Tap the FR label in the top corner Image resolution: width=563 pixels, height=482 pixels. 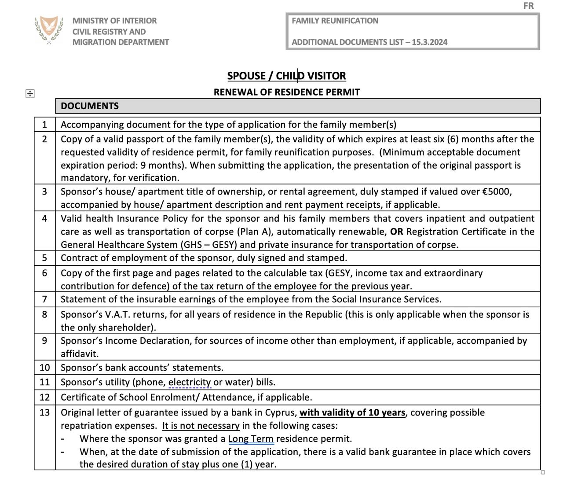[x=528, y=6]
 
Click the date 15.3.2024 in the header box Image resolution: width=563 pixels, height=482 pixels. [x=430, y=42]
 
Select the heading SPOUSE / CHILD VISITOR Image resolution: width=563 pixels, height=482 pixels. [x=286, y=76]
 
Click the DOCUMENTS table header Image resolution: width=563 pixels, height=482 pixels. [x=90, y=106]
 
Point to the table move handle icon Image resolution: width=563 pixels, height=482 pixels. [x=30, y=93]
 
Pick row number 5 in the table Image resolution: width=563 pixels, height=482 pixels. [x=44, y=258]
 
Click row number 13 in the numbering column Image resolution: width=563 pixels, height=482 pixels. [x=44, y=412]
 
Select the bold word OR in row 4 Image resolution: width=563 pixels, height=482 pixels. [x=396, y=232]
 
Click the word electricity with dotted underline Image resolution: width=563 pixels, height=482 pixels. [x=190, y=382]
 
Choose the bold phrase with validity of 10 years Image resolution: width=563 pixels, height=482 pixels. [x=352, y=412]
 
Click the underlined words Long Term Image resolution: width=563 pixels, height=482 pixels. [x=251, y=439]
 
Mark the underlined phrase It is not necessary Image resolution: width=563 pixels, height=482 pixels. [x=201, y=426]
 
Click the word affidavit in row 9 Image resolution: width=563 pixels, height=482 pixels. [x=79, y=354]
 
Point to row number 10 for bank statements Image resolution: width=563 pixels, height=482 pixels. [x=44, y=368]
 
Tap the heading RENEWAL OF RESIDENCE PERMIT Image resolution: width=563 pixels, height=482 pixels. [x=286, y=92]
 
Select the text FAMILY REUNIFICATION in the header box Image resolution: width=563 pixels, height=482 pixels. [x=335, y=21]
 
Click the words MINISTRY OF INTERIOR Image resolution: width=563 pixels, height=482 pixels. [x=114, y=21]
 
